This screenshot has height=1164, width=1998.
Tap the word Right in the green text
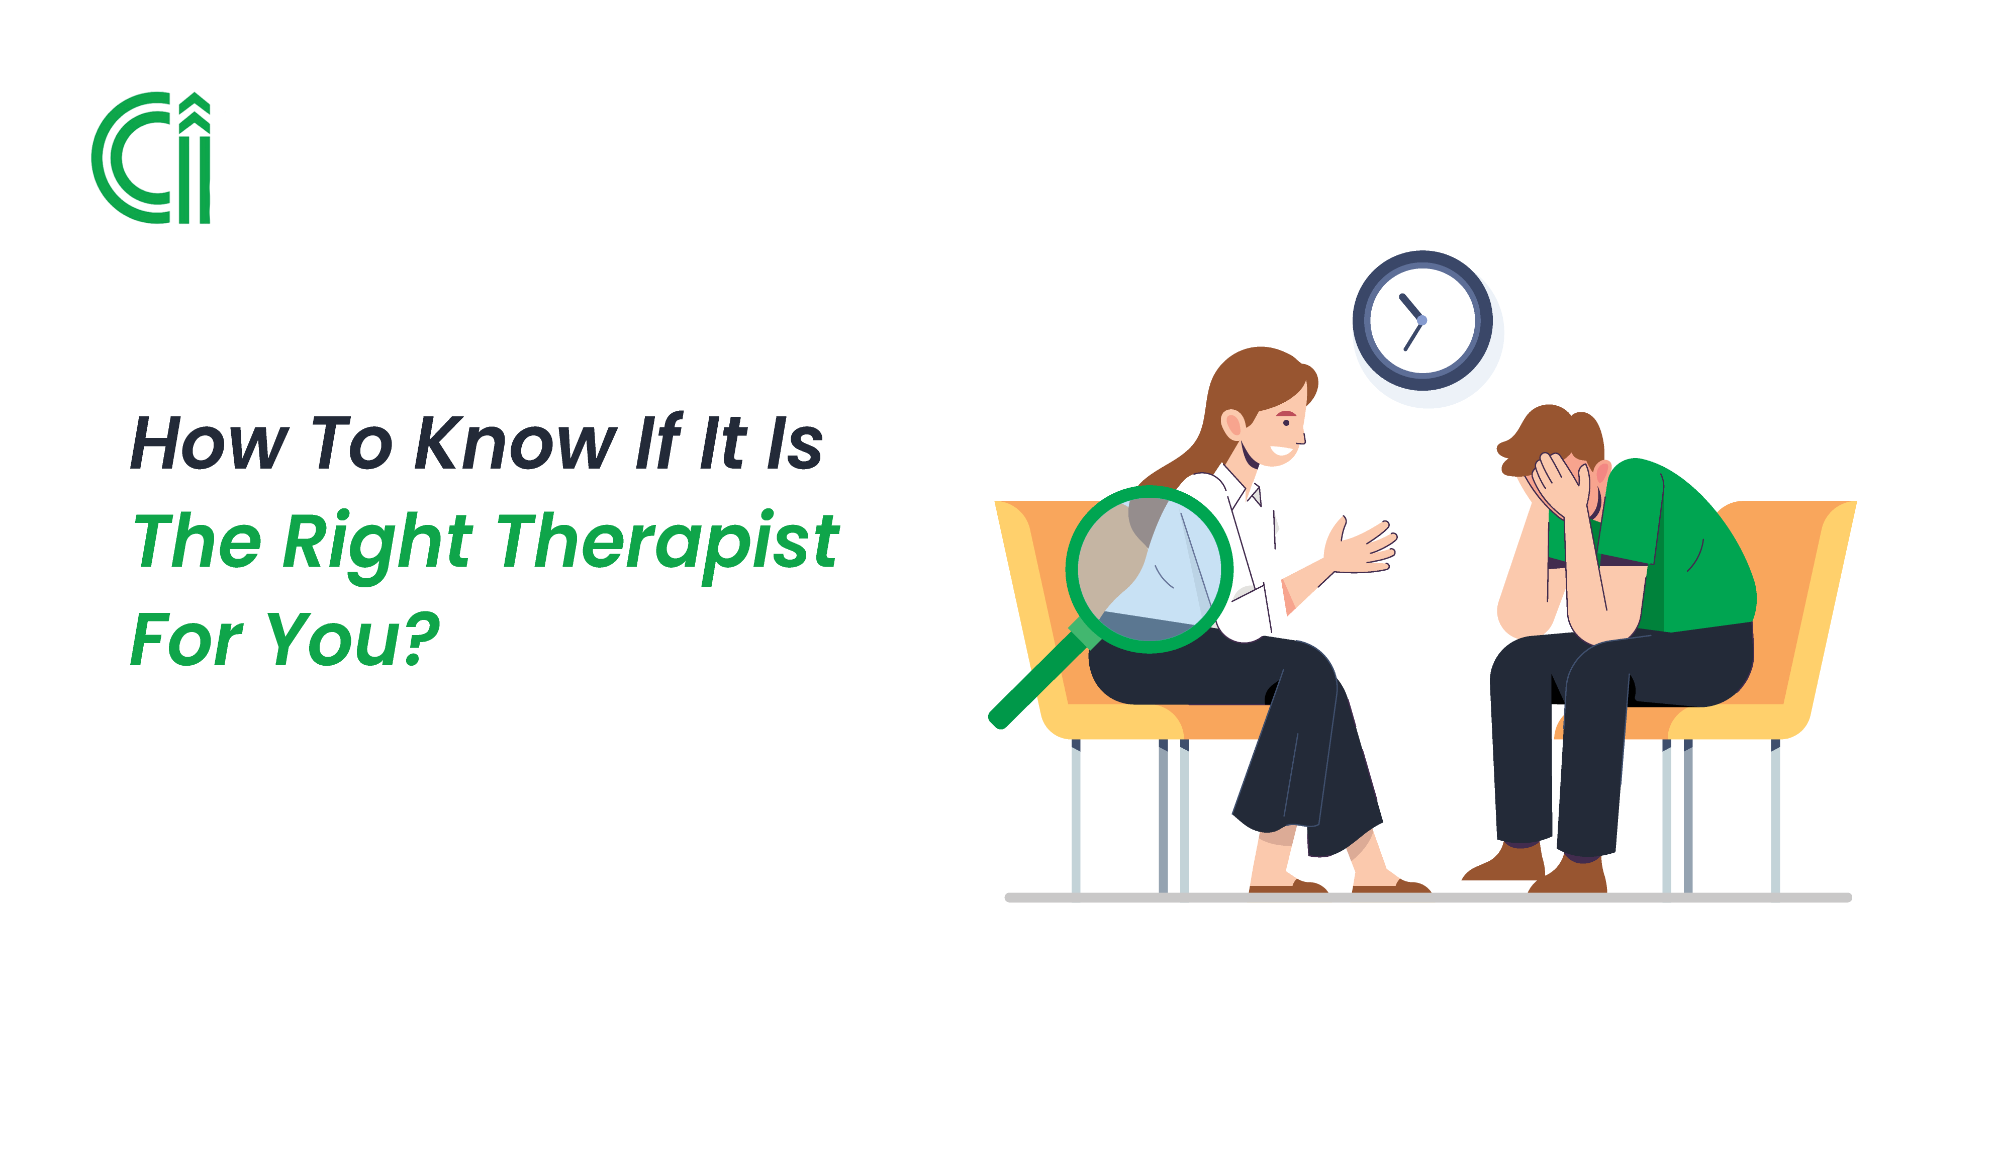click(x=377, y=543)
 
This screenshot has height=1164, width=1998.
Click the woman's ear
click(x=1233, y=424)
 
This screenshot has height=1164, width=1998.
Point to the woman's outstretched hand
click(x=1364, y=547)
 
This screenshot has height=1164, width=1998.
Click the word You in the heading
click(x=333, y=639)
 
